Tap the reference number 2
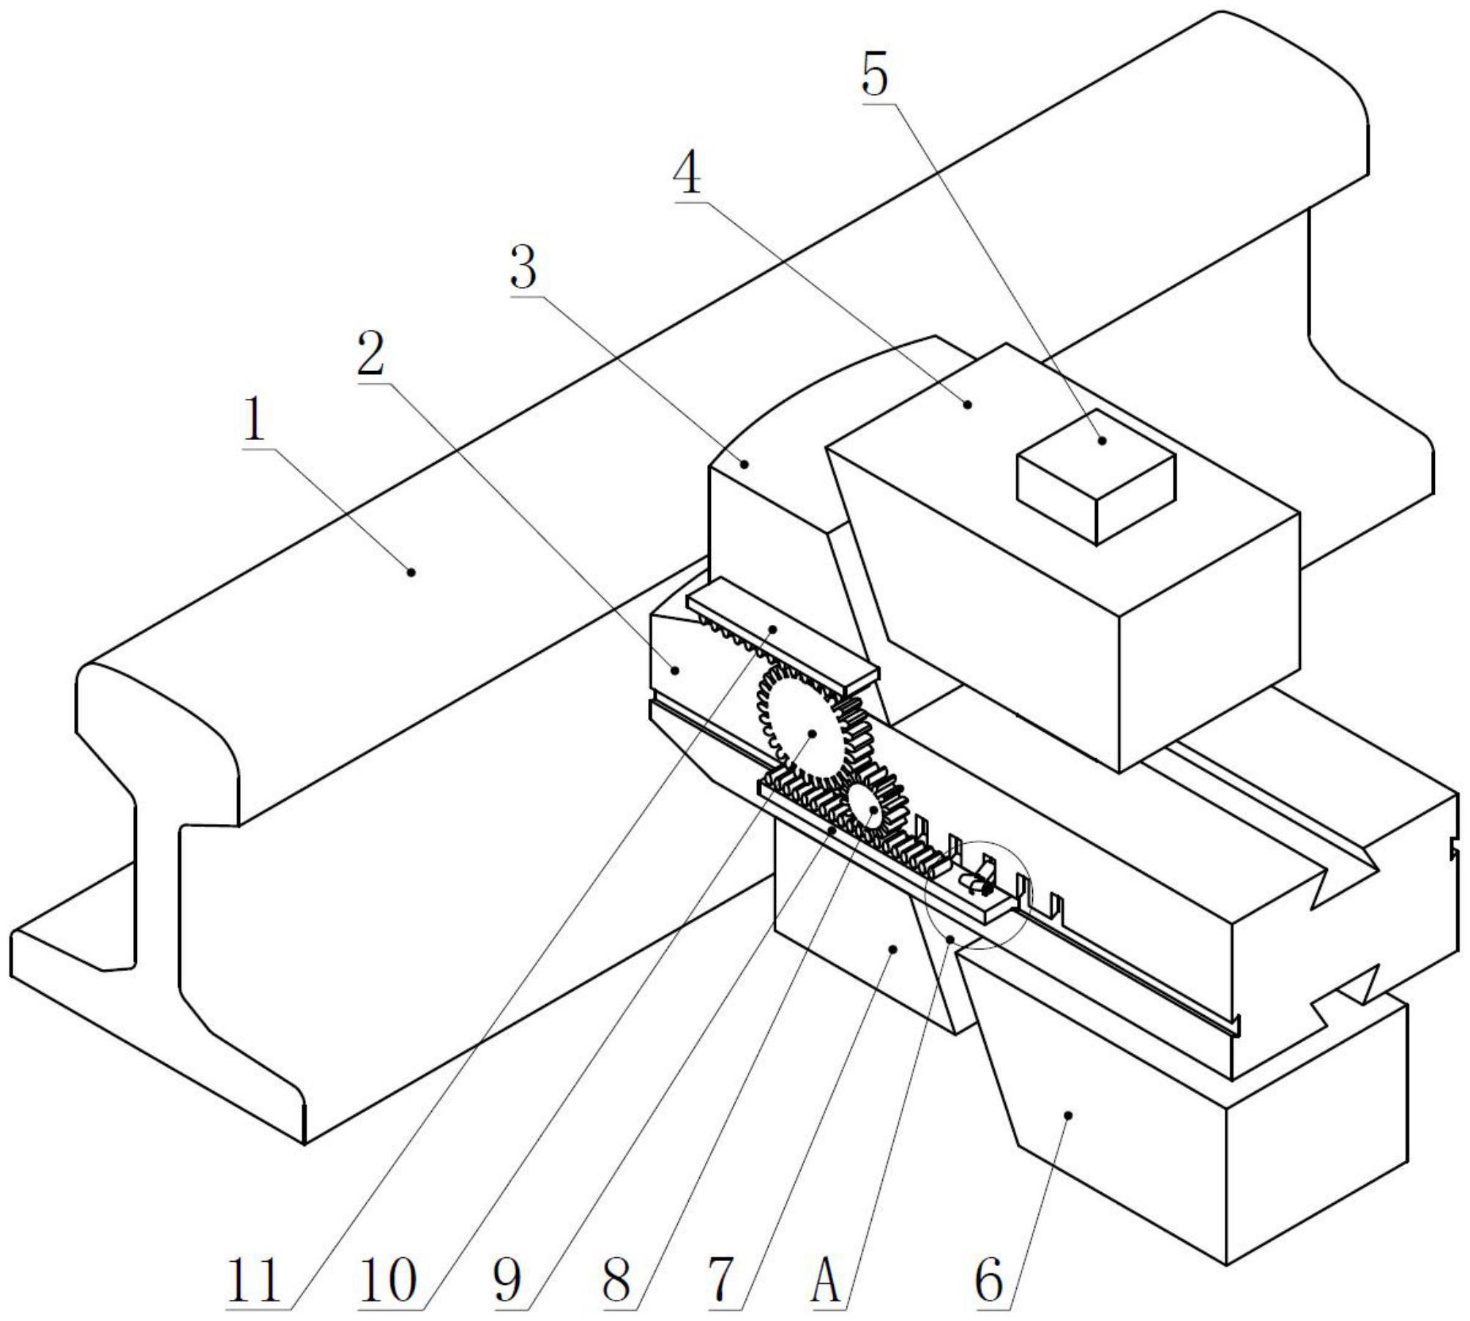point(370,353)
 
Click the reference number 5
point(876,75)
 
